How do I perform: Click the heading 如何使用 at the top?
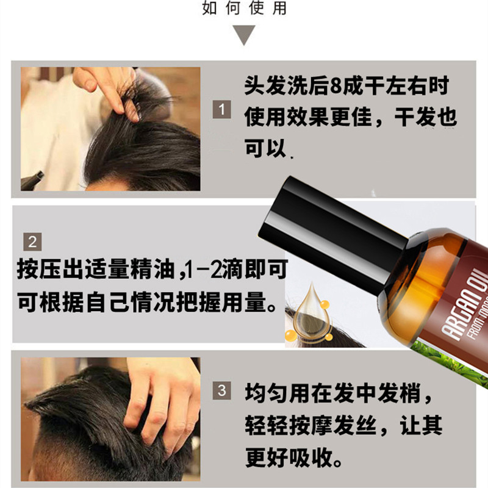click(x=244, y=9)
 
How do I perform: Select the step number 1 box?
click(x=222, y=110)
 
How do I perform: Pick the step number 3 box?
click(x=222, y=389)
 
